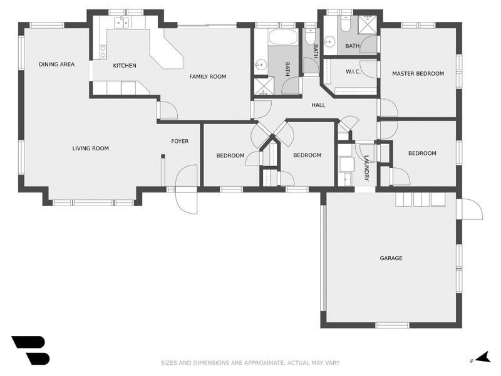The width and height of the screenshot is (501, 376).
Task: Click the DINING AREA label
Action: [56, 64]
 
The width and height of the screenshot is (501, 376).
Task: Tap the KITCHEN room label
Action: [124, 66]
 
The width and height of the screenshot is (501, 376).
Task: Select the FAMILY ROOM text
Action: [208, 76]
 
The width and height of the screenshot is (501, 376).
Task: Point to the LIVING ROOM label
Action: [90, 149]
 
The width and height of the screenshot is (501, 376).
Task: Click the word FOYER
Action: [180, 141]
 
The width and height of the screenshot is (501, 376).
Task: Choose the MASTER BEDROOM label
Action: [418, 73]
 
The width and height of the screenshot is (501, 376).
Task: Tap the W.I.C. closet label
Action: [353, 71]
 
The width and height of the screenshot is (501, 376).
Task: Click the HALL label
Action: [318, 105]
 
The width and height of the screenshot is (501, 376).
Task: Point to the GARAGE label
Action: [391, 258]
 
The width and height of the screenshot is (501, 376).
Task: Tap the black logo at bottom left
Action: [30, 350]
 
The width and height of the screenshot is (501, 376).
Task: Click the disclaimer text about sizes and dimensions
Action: [250, 362]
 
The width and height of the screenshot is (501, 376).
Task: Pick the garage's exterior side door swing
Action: [471, 210]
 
